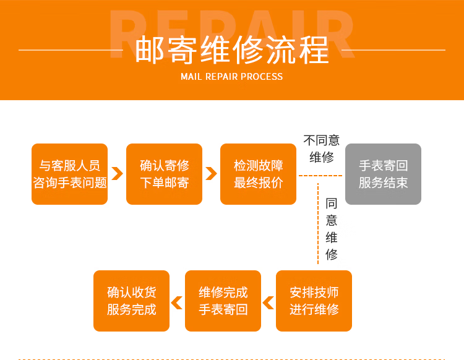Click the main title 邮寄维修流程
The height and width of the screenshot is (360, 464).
(x=231, y=49)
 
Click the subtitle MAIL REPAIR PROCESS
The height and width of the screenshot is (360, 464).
(x=231, y=77)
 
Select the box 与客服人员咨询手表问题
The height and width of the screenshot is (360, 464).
(x=70, y=174)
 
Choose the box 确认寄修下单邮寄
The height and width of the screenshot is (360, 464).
(x=164, y=174)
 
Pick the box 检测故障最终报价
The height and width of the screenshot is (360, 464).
(x=258, y=174)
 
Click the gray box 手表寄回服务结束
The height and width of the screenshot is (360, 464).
(x=383, y=174)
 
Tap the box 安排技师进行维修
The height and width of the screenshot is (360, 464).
(x=314, y=301)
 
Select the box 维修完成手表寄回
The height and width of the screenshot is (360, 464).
(x=223, y=301)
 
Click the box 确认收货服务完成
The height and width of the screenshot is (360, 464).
(x=131, y=301)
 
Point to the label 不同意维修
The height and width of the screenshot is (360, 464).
(x=321, y=148)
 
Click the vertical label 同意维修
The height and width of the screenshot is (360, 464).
(x=332, y=228)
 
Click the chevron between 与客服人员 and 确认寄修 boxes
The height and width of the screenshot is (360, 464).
(x=117, y=174)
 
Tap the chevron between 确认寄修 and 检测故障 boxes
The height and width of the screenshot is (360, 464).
(x=211, y=174)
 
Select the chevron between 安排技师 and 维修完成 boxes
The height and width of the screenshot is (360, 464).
(x=268, y=302)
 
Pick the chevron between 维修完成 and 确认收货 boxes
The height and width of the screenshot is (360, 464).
(x=177, y=302)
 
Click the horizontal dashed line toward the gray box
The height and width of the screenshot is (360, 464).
(x=320, y=176)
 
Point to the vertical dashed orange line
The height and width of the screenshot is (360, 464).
(x=318, y=223)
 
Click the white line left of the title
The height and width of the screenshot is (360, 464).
(x=71, y=49)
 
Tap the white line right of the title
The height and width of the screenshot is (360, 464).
(x=392, y=49)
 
